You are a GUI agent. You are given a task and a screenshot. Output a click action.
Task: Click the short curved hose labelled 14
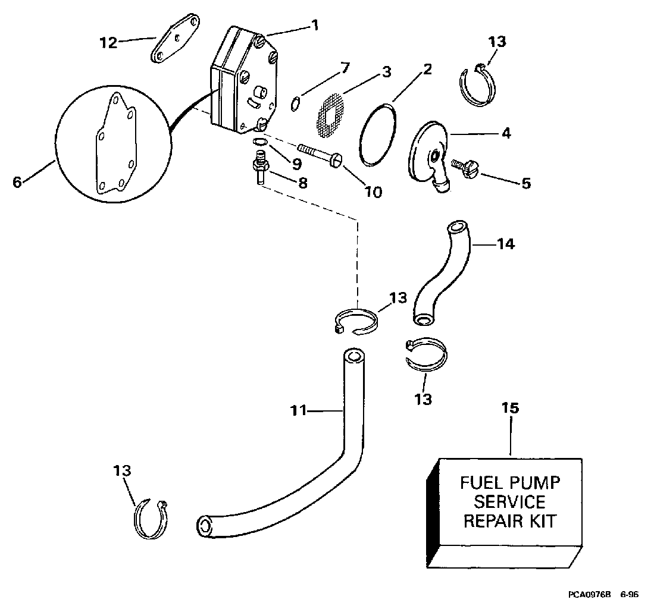tap(440, 274)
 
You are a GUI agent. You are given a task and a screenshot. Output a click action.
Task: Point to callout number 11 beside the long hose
tap(299, 410)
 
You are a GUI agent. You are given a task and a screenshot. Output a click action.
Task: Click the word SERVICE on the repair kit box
tap(509, 501)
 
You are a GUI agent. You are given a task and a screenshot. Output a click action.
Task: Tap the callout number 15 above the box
tap(511, 408)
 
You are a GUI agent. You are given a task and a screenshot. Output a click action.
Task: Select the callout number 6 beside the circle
tap(17, 182)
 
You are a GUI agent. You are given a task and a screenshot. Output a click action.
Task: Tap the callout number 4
tap(506, 133)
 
